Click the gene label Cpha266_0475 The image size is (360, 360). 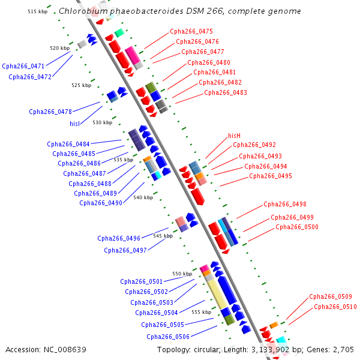click(191, 31)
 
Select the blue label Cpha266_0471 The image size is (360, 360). click(23, 66)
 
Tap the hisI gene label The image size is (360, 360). click(74, 124)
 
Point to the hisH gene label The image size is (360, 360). click(234, 136)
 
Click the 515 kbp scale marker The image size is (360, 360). click(37, 11)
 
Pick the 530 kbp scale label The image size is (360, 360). click(102, 122)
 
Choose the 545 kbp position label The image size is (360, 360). click(163, 236)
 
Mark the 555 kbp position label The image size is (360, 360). click(201, 312)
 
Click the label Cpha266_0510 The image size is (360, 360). click(335, 307)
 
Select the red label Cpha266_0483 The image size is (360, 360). click(226, 92)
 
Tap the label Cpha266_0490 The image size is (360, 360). click(101, 203)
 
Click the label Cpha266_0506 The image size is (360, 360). click(168, 337)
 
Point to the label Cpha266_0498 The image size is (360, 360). click(284, 204)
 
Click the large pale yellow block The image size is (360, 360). click(217, 294)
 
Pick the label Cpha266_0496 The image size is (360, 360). click(119, 238)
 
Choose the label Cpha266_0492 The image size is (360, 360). click(254, 145)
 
